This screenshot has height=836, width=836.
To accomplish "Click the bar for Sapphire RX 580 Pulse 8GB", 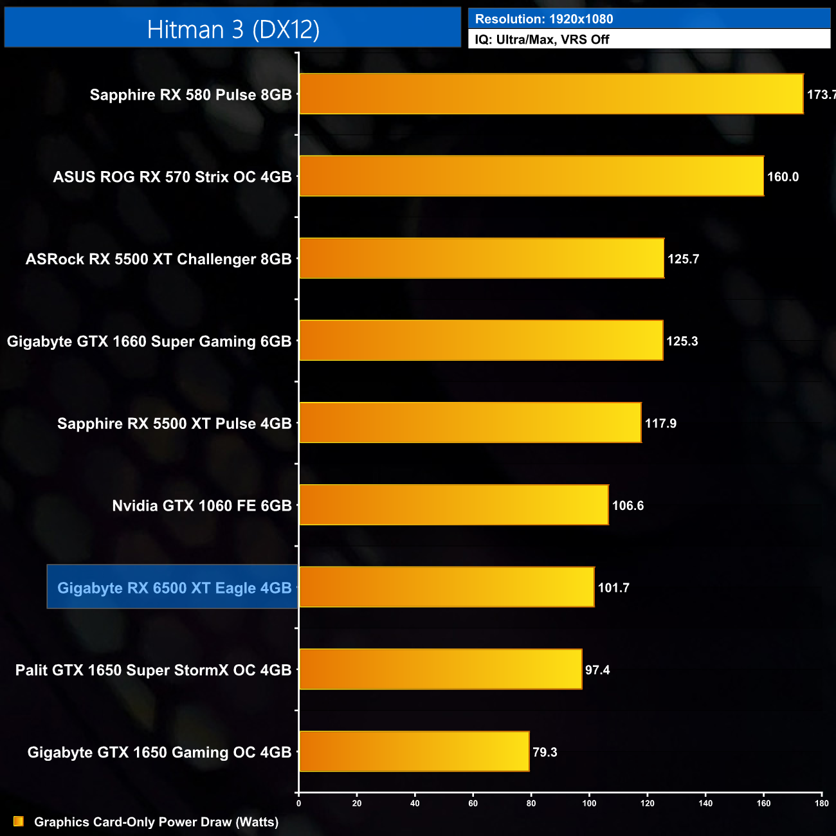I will (551, 94).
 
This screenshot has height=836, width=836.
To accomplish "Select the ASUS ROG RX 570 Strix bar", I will (531, 176).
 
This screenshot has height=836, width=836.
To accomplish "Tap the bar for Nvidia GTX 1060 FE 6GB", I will (453, 505).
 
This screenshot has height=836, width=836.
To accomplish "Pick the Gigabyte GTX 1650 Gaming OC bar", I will (414, 751).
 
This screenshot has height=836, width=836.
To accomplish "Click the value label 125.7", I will (683, 259).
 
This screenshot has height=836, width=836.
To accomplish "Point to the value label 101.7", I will (613, 588).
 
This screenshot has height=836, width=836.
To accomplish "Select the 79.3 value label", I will (545, 752).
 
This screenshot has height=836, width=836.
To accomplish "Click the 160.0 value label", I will (783, 177).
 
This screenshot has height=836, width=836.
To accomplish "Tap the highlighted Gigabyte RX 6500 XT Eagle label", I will (174, 588).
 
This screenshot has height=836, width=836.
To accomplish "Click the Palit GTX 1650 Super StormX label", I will (153, 670).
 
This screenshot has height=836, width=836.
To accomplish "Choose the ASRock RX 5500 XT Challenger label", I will (158, 259).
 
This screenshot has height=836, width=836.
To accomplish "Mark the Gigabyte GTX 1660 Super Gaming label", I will (149, 341).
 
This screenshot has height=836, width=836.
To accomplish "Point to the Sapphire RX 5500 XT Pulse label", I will (174, 424).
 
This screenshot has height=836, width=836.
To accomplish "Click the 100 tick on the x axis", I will (589, 803).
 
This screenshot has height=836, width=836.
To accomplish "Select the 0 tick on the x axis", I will (298, 803).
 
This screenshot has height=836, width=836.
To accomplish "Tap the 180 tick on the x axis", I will (821, 803).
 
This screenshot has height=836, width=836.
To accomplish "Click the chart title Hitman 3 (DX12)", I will (233, 30).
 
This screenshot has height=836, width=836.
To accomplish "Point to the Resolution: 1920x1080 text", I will (544, 19).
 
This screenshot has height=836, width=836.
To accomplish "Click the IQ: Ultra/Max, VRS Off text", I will (542, 39).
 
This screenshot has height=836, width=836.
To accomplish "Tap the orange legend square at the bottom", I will (19, 821).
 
